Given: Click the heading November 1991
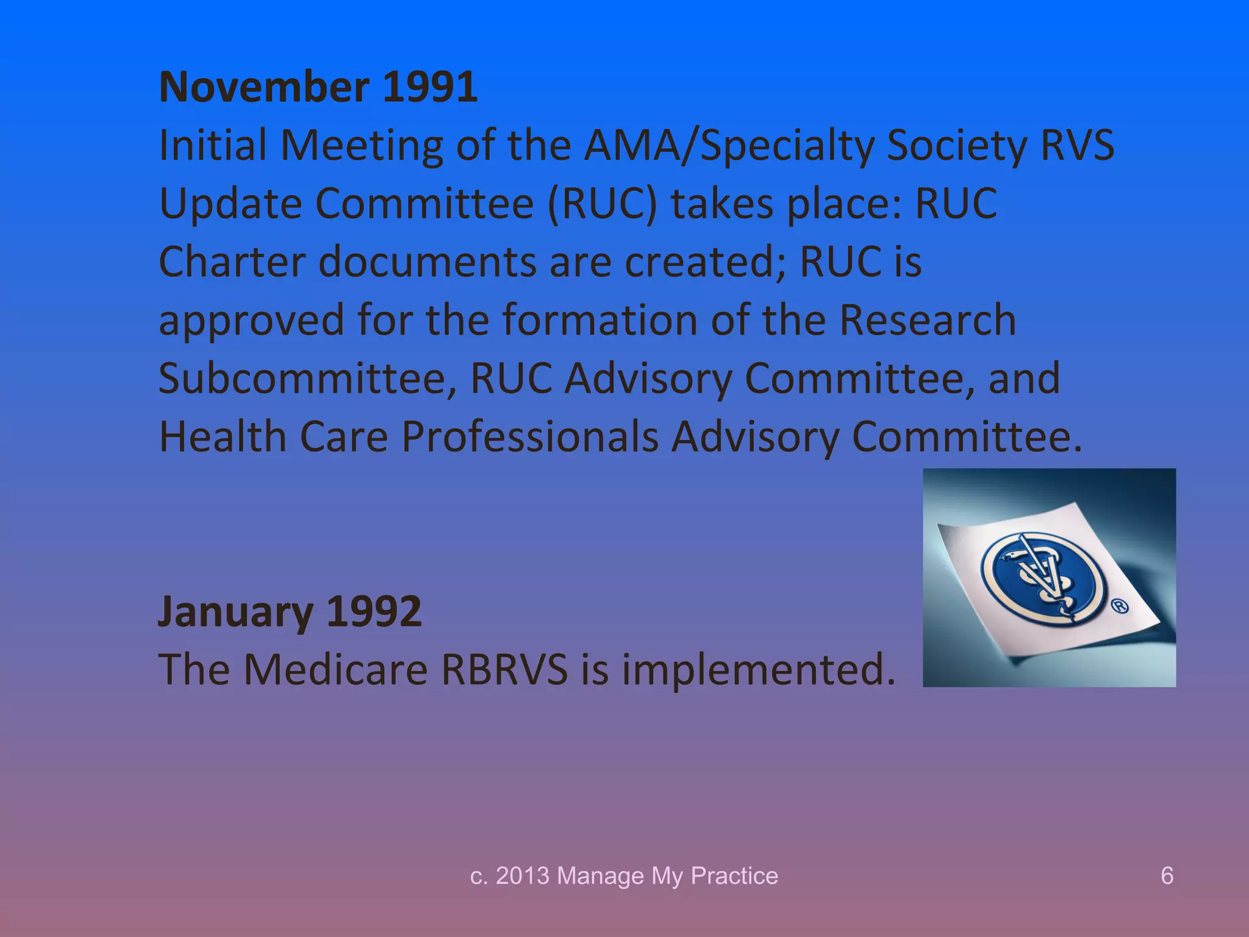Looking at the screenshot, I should pyautogui.click(x=318, y=87).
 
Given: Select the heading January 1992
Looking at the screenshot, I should pyautogui.click(x=290, y=611).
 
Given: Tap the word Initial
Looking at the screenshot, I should pyautogui.click(x=213, y=146).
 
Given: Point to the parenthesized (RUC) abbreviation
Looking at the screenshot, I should pyautogui.click(x=603, y=204).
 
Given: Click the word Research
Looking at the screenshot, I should pyautogui.click(x=928, y=320).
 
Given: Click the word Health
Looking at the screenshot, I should pyautogui.click(x=223, y=437).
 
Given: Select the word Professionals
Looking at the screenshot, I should pyautogui.click(x=529, y=437).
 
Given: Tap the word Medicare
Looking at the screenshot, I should pyautogui.click(x=336, y=670).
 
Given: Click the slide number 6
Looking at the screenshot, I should pyautogui.click(x=1167, y=876).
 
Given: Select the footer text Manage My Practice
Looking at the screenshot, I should pyautogui.click(x=667, y=876).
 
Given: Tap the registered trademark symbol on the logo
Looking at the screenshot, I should pyautogui.click(x=1120, y=607).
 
